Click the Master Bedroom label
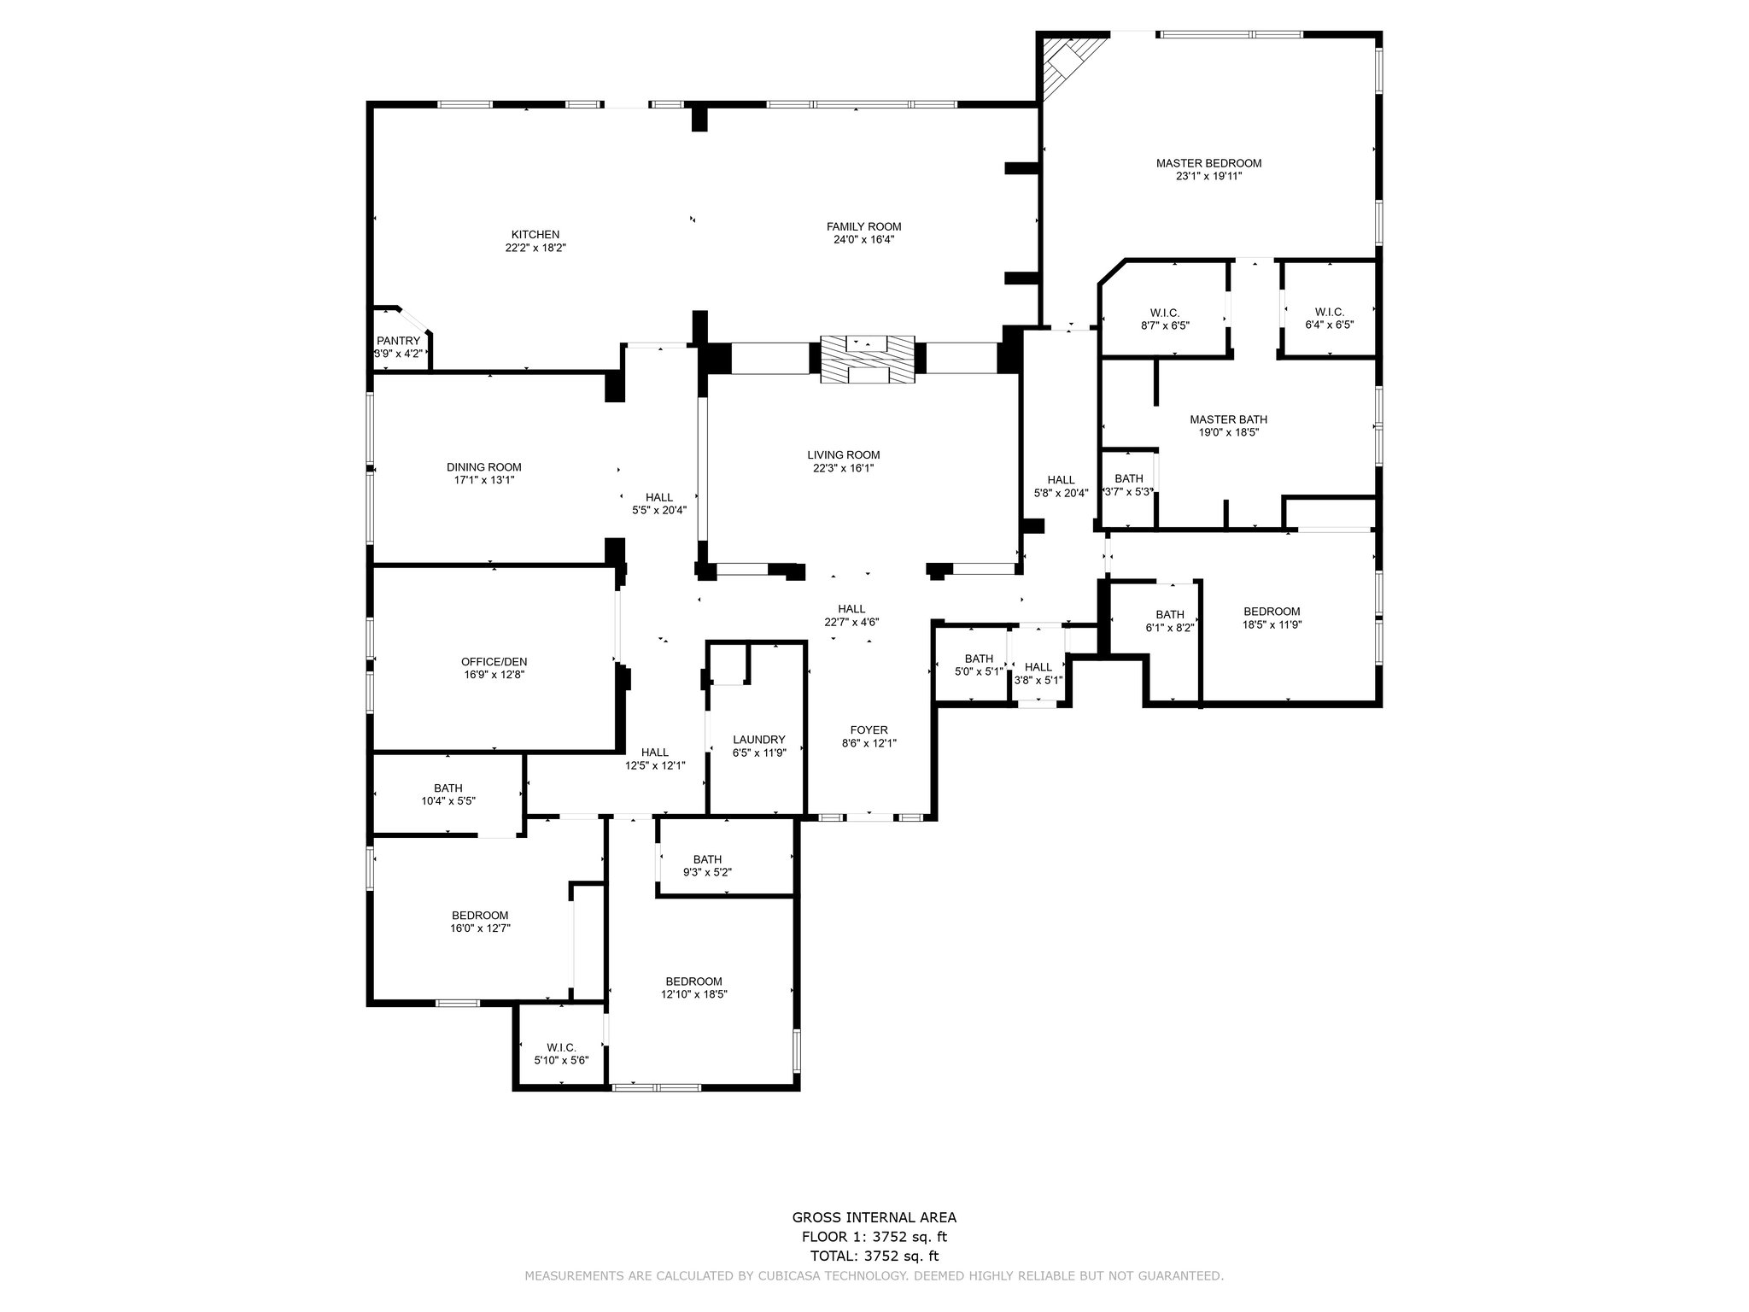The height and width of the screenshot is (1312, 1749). click(1208, 163)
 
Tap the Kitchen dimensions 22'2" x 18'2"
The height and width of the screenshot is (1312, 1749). click(535, 248)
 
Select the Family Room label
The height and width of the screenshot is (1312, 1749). click(863, 226)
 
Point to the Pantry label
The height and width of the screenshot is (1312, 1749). click(399, 341)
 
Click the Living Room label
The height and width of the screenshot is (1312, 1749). click(844, 455)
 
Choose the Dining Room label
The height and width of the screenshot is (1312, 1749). click(483, 467)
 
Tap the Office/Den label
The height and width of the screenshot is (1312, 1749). click(494, 661)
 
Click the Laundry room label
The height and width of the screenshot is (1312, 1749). click(758, 740)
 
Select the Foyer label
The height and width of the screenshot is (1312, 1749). click(869, 730)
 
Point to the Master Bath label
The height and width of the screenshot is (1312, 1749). click(1228, 419)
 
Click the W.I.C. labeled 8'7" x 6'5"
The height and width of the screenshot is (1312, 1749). click(1165, 319)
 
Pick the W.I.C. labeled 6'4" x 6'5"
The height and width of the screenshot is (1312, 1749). click(1330, 319)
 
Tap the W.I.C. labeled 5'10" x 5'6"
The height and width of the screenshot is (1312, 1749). click(561, 1054)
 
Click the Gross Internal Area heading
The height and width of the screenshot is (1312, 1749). click(874, 1218)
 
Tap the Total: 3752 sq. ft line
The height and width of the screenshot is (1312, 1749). click(874, 1256)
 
